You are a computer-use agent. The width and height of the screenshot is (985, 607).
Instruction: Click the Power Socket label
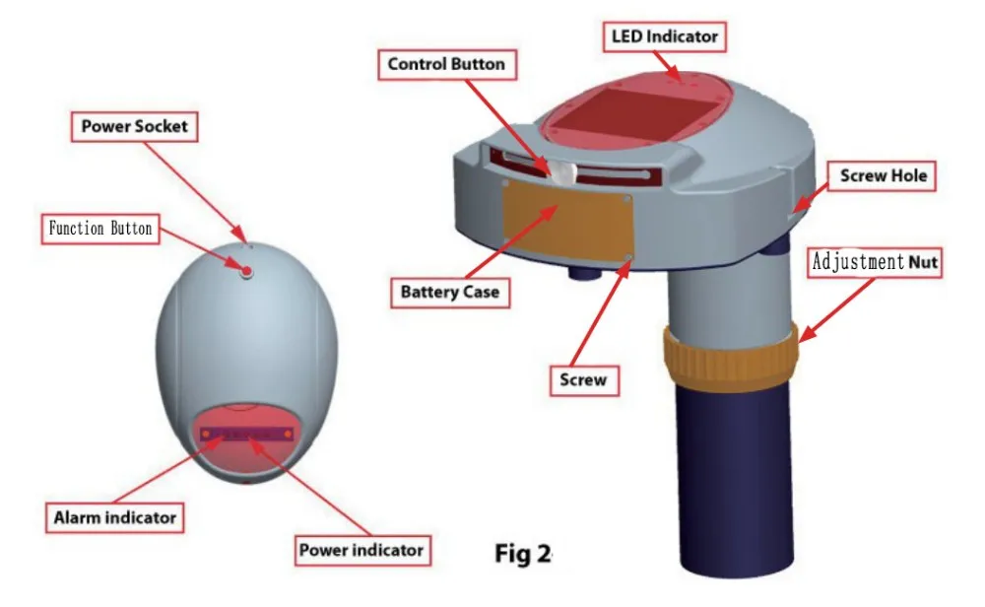point(134,126)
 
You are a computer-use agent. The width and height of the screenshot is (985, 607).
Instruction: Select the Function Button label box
point(101,229)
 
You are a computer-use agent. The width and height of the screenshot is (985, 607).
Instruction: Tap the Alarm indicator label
point(115,516)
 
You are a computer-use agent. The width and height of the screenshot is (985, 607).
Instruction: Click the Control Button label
point(446,65)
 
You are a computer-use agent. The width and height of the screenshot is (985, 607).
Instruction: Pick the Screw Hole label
point(883,177)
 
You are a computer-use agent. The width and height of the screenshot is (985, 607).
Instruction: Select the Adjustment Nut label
point(875,262)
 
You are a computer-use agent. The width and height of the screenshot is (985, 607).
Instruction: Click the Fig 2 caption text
point(522,554)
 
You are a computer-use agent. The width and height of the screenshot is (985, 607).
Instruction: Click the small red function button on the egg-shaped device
point(247,269)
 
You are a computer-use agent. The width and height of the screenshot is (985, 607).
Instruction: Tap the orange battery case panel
point(568,225)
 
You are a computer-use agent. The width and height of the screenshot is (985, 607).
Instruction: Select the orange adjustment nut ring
point(730,354)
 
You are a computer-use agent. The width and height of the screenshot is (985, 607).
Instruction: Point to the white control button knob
point(559,173)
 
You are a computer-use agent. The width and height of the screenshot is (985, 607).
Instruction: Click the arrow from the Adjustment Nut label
point(838,305)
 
